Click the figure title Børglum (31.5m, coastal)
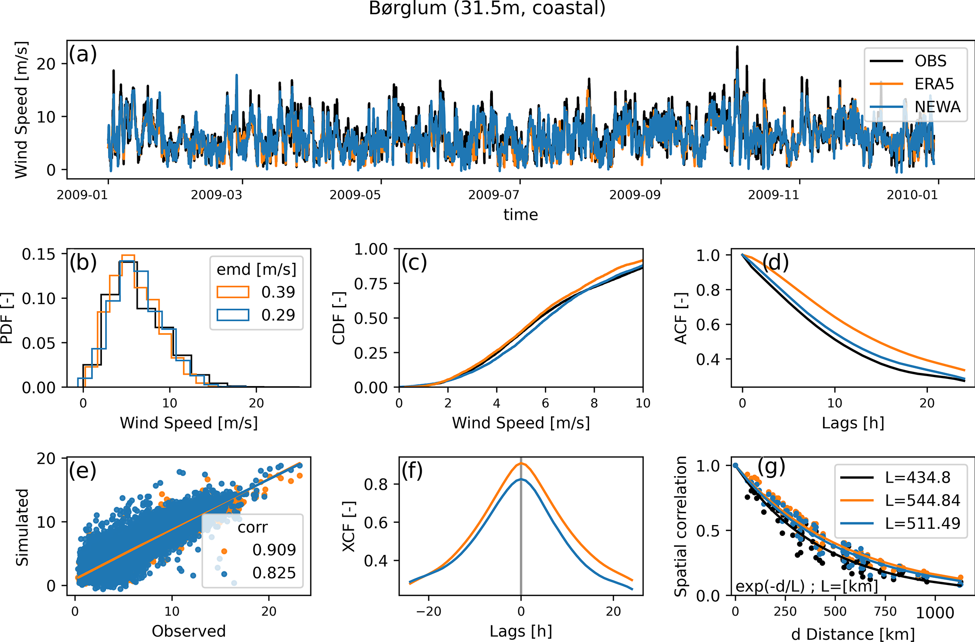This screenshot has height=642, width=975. coord(487,8)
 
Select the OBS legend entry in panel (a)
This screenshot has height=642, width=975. coord(930,61)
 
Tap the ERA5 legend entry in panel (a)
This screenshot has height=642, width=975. coord(934,84)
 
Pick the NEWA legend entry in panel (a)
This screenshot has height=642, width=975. coord(937,107)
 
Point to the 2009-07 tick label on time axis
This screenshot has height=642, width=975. coord(493,195)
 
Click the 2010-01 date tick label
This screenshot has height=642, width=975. coord(912,195)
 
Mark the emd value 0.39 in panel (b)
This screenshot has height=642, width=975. coord(278,292)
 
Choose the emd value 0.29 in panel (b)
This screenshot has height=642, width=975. coord(278,315)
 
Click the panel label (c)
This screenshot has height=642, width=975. coord(414,262)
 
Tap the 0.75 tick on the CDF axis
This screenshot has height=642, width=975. coord(371,284)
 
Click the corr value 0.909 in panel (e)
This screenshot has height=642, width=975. coord(274,550)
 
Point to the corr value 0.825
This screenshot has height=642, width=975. coord(274,573)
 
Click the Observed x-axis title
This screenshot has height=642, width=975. coord(189,631)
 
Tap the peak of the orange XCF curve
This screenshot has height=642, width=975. coord(521,463)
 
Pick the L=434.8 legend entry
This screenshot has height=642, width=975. coord(917,477)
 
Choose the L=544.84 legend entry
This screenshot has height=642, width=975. coord(922,500)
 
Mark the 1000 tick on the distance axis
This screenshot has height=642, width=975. coord(935,612)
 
